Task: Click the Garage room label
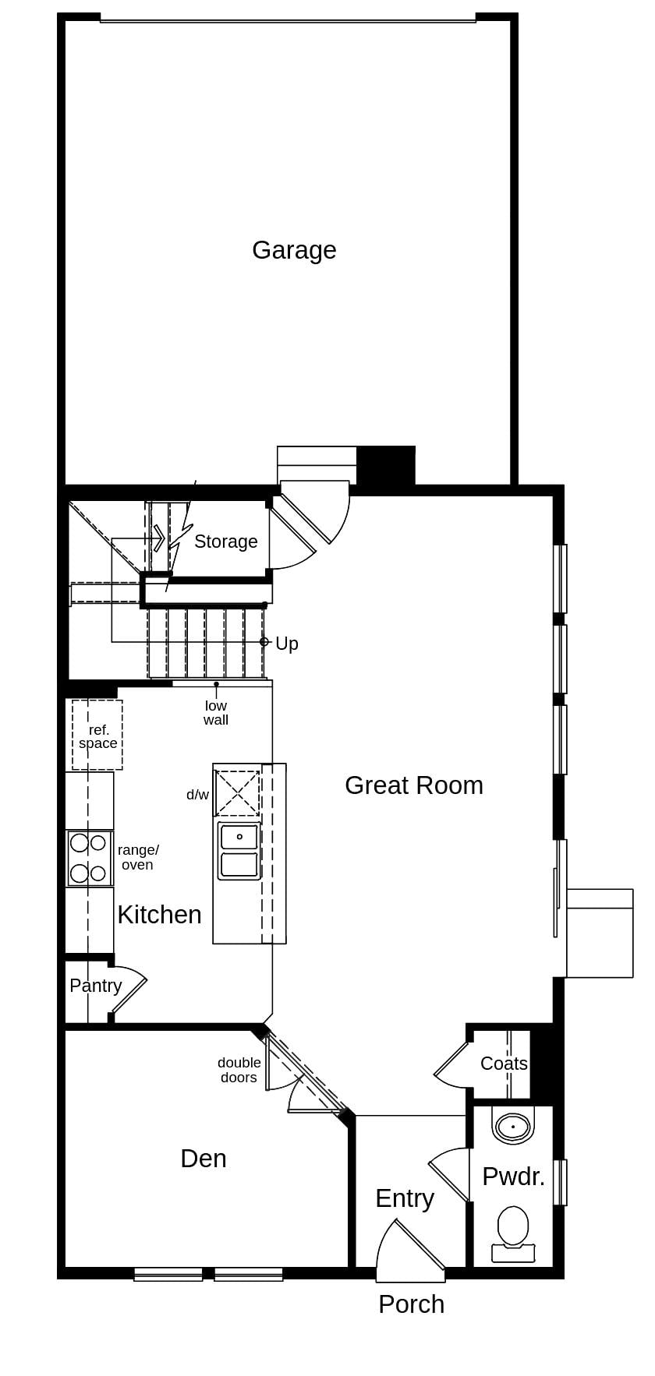click(x=294, y=250)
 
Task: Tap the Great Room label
click(x=413, y=785)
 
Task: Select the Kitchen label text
click(x=159, y=915)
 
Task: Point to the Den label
click(x=203, y=1159)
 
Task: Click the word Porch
click(x=411, y=1304)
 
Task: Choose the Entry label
click(x=404, y=1198)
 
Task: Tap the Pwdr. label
click(x=513, y=1177)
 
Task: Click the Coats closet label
click(x=504, y=1064)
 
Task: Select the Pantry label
click(x=95, y=986)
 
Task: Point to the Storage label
click(x=225, y=542)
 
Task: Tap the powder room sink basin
click(x=513, y=1126)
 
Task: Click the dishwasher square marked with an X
click(x=237, y=793)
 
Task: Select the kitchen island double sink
click(x=239, y=851)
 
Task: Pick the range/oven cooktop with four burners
click(x=89, y=858)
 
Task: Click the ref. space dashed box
click(x=97, y=735)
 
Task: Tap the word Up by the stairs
click(x=286, y=644)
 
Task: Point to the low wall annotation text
click(x=216, y=713)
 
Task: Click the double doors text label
click(x=239, y=1070)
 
